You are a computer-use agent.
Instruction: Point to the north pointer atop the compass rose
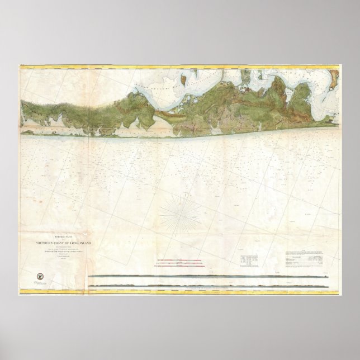click(x=180, y=193)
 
